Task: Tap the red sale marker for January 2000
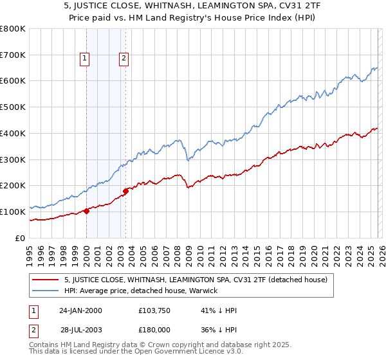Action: click(86, 211)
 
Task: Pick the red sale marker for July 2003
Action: click(126, 190)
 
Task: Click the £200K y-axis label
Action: click(13, 186)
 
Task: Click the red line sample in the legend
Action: click(45, 280)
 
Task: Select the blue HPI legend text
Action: click(141, 291)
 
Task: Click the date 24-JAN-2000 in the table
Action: click(80, 310)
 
